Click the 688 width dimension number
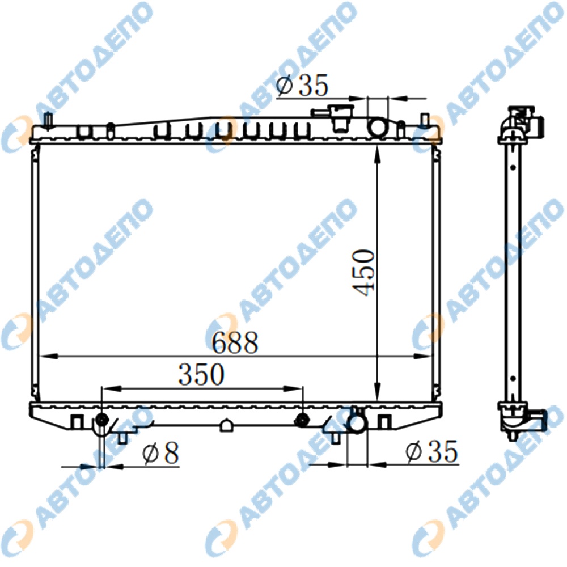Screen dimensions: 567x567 click(x=235, y=342)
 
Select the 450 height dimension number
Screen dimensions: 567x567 click(x=364, y=272)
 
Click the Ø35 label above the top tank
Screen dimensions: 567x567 click(x=302, y=85)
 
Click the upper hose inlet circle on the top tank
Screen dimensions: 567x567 click(x=377, y=128)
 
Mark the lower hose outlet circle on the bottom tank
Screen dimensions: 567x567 click(x=357, y=424)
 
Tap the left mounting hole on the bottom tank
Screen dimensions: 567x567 click(x=101, y=420)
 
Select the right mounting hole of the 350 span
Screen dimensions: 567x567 click(x=302, y=420)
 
